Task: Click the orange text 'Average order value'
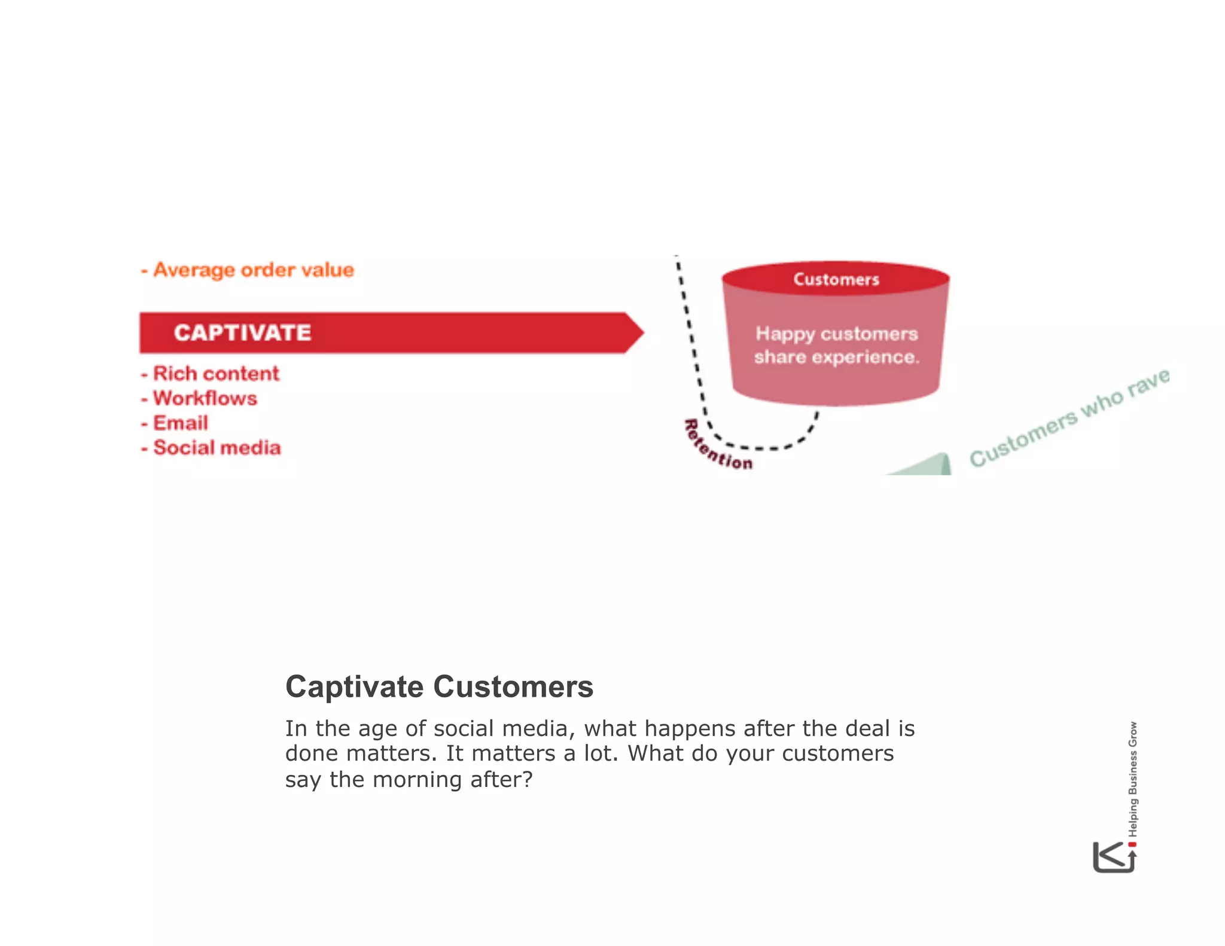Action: (x=254, y=270)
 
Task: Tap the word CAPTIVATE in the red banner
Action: (x=242, y=333)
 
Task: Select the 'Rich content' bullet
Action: (x=216, y=374)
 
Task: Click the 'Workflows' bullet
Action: (x=205, y=398)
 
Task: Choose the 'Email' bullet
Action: (x=181, y=423)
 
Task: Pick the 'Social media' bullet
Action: (x=217, y=448)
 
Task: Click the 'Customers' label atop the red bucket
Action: (x=836, y=279)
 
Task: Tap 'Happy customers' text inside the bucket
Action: (x=836, y=334)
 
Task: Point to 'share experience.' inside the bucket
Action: (x=836, y=358)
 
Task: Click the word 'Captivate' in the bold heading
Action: (x=355, y=686)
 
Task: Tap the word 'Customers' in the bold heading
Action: (x=513, y=686)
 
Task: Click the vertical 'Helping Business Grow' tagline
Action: (x=1133, y=779)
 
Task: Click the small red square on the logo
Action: (x=1132, y=844)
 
